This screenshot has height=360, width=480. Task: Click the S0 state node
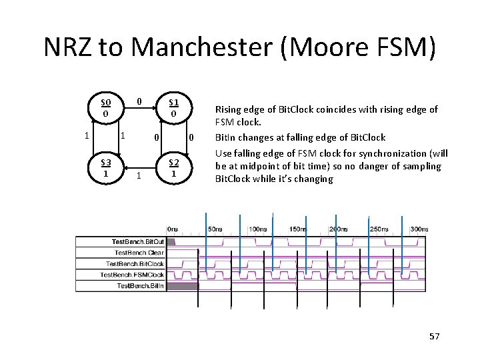[105, 108]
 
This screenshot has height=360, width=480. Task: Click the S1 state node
[173, 108]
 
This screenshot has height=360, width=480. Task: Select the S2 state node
[173, 168]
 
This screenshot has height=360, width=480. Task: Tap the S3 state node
[105, 168]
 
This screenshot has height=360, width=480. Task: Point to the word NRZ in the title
[67, 47]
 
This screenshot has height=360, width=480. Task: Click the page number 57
[434, 337]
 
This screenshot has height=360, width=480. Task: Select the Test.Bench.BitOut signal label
[137, 241]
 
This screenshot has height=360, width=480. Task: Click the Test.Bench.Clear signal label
[139, 253]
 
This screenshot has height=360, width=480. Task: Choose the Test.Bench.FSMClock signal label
[133, 275]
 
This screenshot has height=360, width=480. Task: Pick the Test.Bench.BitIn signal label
[140, 285]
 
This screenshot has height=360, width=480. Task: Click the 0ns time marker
[171, 229]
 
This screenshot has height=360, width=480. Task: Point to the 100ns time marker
[256, 229]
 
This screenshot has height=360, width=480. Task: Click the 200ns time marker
[339, 229]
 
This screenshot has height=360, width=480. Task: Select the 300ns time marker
[419, 229]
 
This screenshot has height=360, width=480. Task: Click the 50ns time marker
[215, 229]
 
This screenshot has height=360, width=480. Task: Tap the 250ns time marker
[379, 229]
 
